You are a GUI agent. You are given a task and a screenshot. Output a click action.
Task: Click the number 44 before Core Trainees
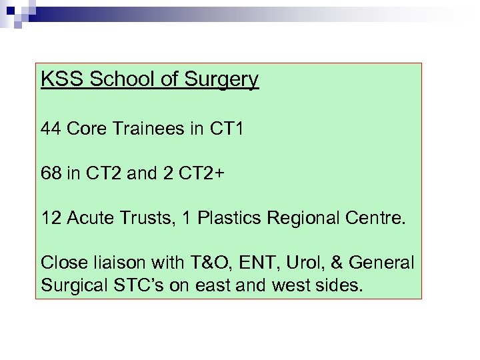(x=51, y=129)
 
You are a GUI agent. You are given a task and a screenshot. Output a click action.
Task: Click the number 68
(x=51, y=174)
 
